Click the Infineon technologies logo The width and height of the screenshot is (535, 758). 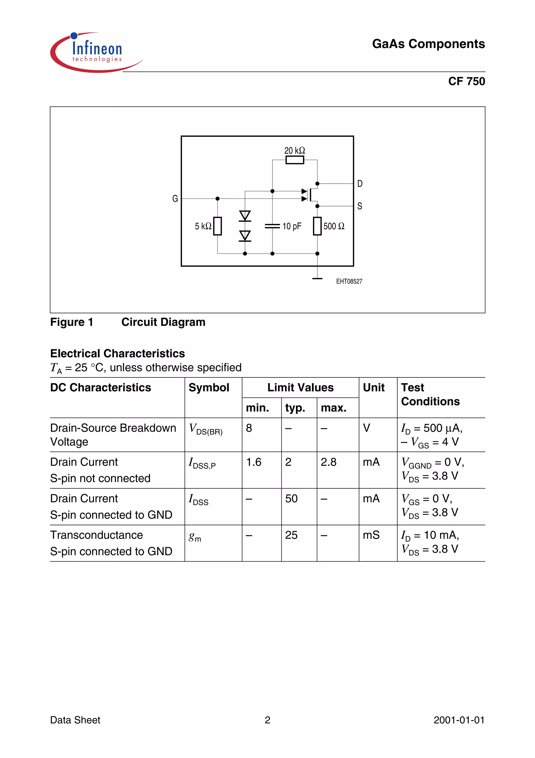pos(96,52)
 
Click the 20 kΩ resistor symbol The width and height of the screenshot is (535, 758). pos(294,160)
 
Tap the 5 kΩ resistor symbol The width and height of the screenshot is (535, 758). pos(217,226)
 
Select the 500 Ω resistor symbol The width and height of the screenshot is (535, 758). pos(317,226)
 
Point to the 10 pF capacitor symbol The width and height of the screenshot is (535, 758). pos(272,226)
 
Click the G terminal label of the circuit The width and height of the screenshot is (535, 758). pos(175,199)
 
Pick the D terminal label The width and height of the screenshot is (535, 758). pos(360,184)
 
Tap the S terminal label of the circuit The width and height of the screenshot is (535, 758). pos(360,206)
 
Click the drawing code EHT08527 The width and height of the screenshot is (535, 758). pos(349,281)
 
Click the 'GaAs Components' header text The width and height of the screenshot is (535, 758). pos(428,44)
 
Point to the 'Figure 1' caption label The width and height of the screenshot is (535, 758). pos(72,322)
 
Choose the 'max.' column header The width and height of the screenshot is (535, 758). pos(333,408)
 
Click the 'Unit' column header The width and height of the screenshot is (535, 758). pos(374,387)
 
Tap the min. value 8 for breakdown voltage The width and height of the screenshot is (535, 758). pos(249,428)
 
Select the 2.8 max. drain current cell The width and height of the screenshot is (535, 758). pos(328,462)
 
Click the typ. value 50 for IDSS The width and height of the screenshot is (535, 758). pos(291,499)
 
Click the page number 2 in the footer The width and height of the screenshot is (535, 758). pos(267,720)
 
